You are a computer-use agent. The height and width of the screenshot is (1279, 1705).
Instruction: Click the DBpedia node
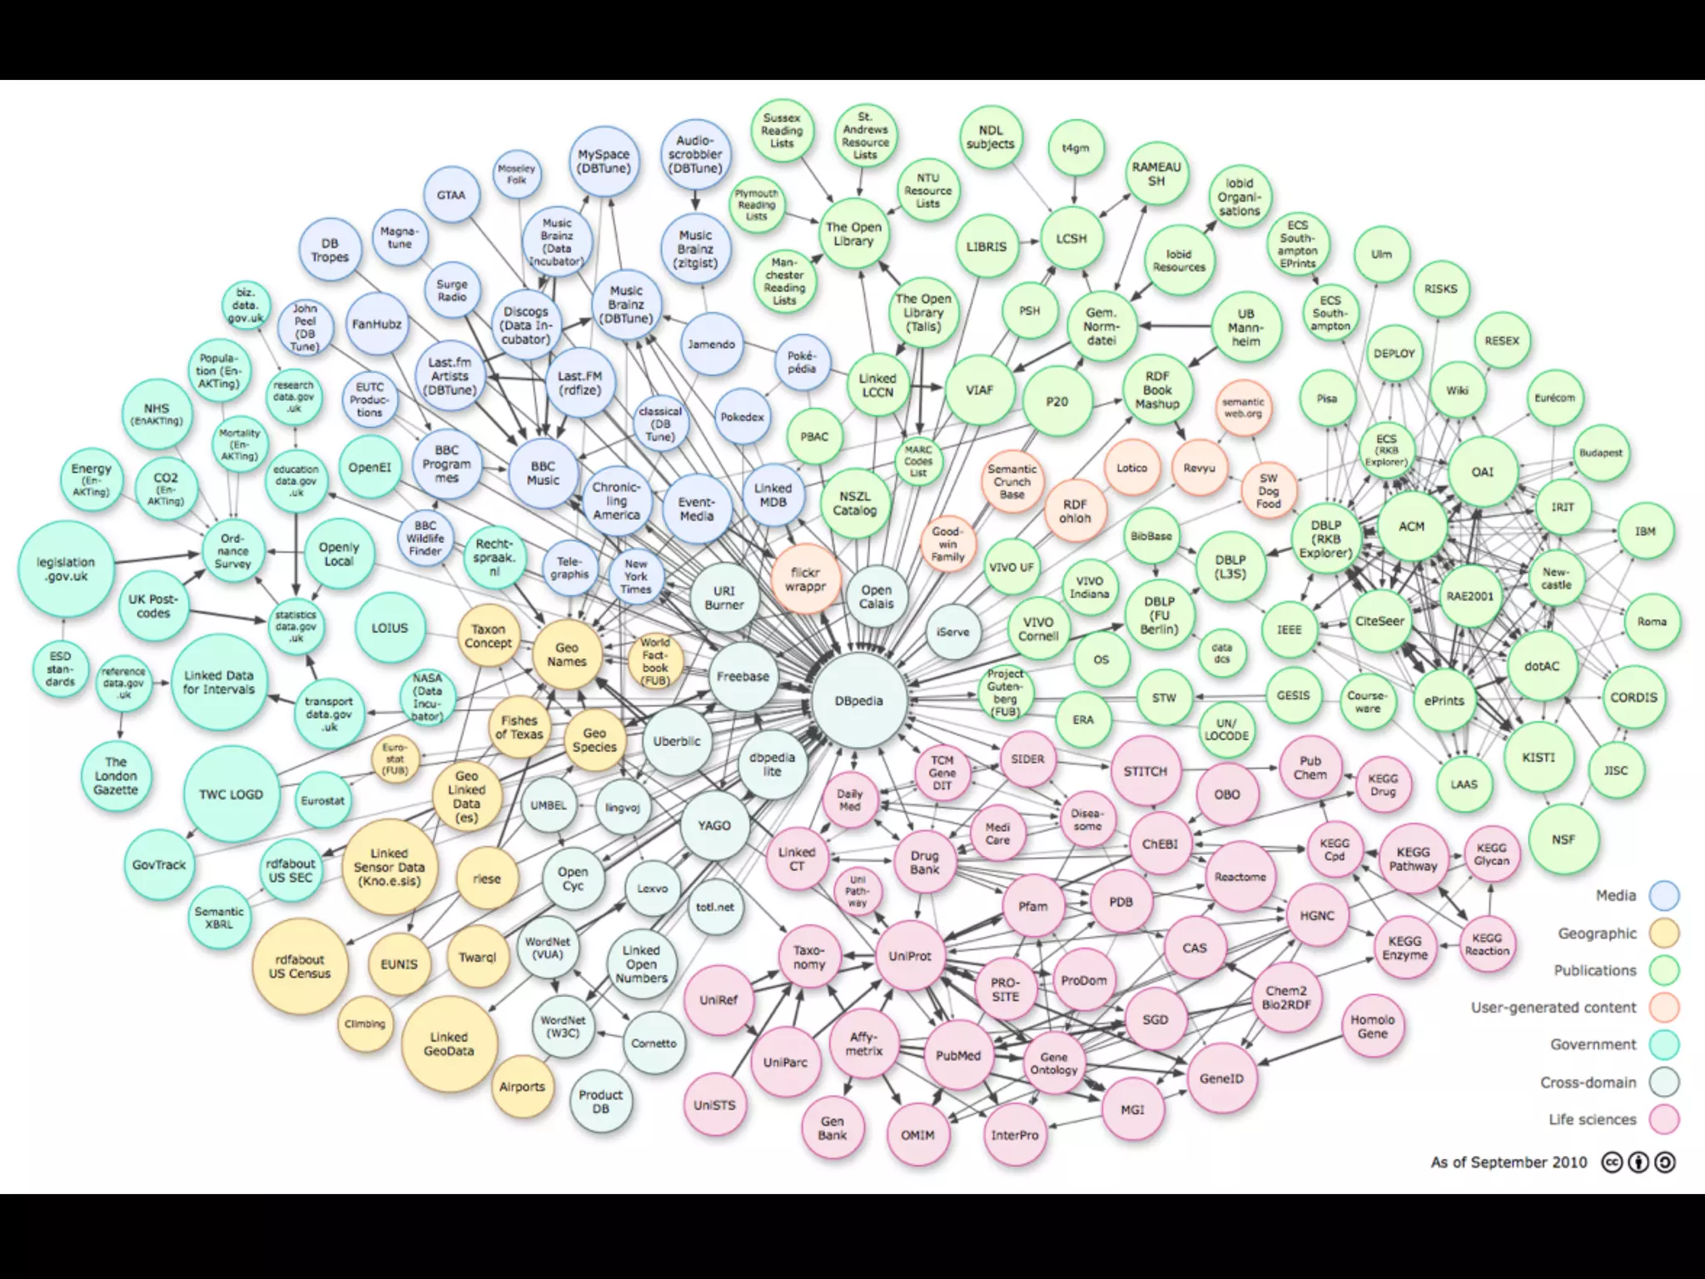tap(858, 701)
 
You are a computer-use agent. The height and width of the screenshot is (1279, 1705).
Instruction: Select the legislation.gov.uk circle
tap(66, 570)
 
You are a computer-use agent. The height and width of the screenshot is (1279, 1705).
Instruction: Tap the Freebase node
tap(743, 677)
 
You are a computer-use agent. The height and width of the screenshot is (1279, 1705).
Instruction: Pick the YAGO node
tap(713, 825)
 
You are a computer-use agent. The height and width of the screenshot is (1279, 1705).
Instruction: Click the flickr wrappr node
tap(805, 580)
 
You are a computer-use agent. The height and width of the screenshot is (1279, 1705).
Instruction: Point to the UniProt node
tap(909, 956)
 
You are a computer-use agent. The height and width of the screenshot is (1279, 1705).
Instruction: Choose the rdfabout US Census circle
tap(299, 967)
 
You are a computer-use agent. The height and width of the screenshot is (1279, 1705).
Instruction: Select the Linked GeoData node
tap(449, 1044)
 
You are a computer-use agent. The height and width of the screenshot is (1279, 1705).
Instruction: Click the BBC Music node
tap(543, 474)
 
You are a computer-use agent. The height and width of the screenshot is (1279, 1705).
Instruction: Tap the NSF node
tap(1563, 839)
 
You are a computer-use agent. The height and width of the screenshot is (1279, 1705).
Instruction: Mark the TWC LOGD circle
tap(231, 794)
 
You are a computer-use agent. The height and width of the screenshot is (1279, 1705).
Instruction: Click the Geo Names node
tap(567, 654)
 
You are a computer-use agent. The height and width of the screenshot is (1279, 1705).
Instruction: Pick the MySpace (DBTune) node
tap(604, 162)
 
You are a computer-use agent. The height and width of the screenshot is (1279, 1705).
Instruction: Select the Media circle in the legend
tap(1664, 896)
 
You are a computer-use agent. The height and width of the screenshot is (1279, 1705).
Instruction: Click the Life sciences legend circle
tap(1664, 1120)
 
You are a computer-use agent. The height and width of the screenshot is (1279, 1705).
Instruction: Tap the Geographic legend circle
tap(1664, 933)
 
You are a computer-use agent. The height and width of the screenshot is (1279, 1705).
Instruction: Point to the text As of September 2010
tap(1509, 1162)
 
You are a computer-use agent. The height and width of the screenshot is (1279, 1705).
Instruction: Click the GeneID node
tap(1221, 1078)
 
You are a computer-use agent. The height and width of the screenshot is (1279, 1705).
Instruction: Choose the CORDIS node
tap(1633, 698)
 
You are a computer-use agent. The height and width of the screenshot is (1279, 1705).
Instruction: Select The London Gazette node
tap(116, 775)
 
